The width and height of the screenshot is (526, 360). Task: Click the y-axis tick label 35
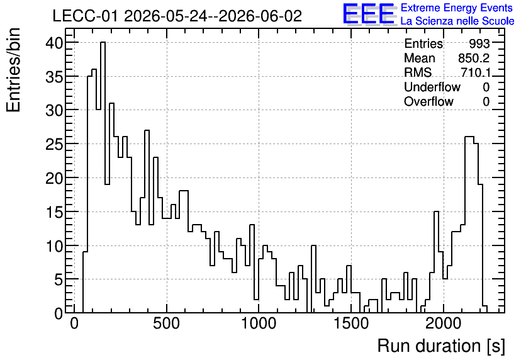tap(54, 77)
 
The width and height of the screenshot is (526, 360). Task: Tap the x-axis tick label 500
tap(167, 323)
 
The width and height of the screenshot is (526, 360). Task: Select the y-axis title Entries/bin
tap(13, 70)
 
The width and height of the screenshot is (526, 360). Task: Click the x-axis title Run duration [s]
tap(441, 346)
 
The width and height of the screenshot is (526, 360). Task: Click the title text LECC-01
tap(85, 16)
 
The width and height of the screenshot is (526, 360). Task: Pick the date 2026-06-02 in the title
tap(260, 16)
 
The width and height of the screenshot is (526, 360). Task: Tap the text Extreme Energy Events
tap(457, 8)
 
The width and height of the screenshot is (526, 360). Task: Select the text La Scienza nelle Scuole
tap(457, 21)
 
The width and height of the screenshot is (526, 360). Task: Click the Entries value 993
tap(479, 43)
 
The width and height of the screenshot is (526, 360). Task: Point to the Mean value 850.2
tap(474, 58)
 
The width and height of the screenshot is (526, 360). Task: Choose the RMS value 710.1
tap(475, 72)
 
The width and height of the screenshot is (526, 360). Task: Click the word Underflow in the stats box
tap(432, 87)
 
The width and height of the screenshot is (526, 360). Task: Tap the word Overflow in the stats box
tap(428, 101)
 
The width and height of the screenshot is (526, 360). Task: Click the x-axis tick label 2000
tap(444, 323)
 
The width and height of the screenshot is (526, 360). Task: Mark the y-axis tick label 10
tap(54, 247)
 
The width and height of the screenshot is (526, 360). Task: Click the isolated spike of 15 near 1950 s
tap(436, 262)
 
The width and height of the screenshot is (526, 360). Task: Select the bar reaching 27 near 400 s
tap(147, 222)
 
